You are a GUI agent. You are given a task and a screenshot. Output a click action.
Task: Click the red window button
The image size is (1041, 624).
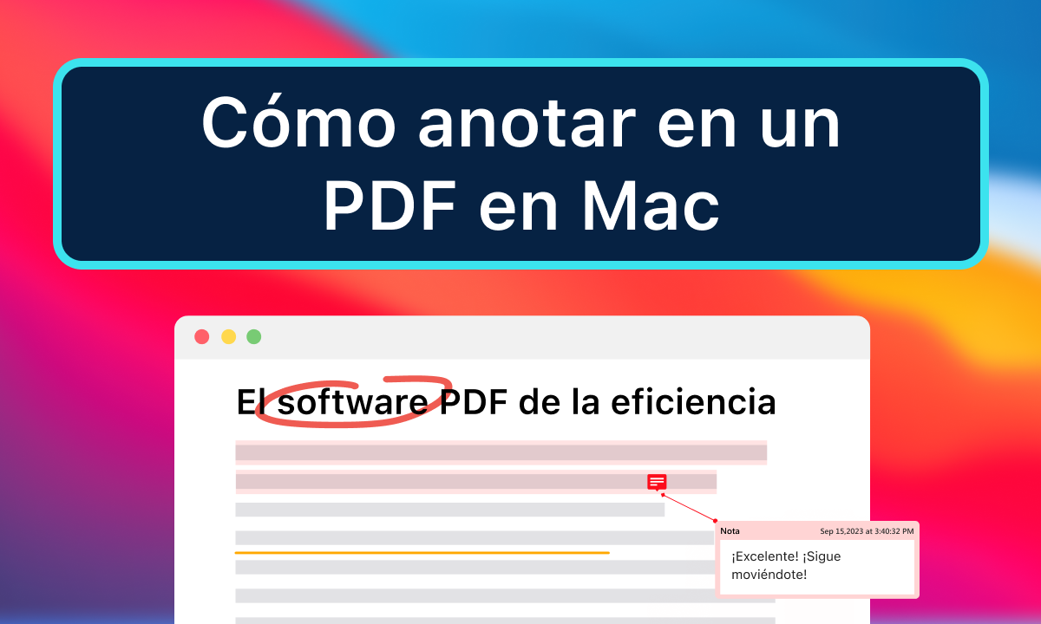point(202,336)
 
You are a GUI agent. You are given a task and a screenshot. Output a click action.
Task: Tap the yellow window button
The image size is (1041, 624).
point(228,336)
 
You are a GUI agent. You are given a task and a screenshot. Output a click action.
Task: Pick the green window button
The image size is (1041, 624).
point(253,336)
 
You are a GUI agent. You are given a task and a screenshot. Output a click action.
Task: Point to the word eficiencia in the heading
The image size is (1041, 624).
point(693,403)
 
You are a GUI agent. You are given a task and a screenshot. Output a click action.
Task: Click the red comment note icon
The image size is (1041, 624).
point(657,482)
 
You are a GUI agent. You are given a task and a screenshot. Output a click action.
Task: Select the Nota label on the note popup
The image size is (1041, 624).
point(730,530)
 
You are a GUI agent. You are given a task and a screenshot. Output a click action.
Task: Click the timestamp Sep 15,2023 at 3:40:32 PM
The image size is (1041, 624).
point(867,530)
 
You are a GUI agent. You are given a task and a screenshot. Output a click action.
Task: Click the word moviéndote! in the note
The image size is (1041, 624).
point(769,574)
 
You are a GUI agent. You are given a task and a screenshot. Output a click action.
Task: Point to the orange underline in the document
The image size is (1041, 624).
point(422,552)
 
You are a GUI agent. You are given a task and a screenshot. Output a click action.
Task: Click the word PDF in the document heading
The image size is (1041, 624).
point(475,403)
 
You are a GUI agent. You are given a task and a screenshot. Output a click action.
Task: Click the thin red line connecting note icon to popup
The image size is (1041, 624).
point(689,508)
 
